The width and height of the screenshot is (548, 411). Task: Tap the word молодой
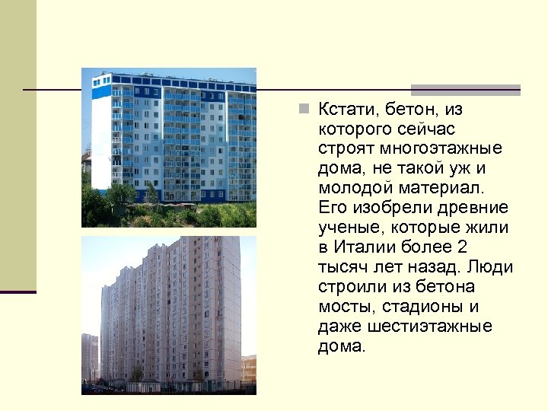pos(351,188)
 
